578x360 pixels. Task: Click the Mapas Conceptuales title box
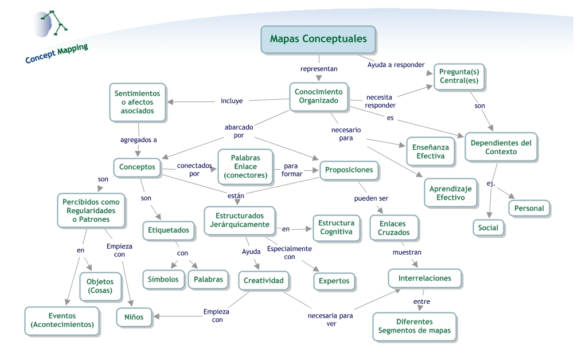318,40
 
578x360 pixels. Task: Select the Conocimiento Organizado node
319,96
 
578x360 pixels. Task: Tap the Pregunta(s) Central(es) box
459,77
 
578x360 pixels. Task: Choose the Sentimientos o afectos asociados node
138,102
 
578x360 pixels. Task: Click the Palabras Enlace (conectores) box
245,167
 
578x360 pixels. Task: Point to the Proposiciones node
349,170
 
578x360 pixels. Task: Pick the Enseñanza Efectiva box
431,151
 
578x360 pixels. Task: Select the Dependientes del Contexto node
501,147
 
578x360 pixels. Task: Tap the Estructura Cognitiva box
336,228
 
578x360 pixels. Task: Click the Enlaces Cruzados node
394,228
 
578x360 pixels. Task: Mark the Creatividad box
264,281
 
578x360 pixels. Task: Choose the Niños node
134,317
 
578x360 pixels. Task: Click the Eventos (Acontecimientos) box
63,320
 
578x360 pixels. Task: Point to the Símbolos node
163,280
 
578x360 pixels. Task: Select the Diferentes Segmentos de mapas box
415,327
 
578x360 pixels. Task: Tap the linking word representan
319,69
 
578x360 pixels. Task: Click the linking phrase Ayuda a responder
396,65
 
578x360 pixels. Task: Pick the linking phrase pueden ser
371,198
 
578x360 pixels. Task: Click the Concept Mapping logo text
57,53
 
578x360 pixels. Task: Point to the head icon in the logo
44,24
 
